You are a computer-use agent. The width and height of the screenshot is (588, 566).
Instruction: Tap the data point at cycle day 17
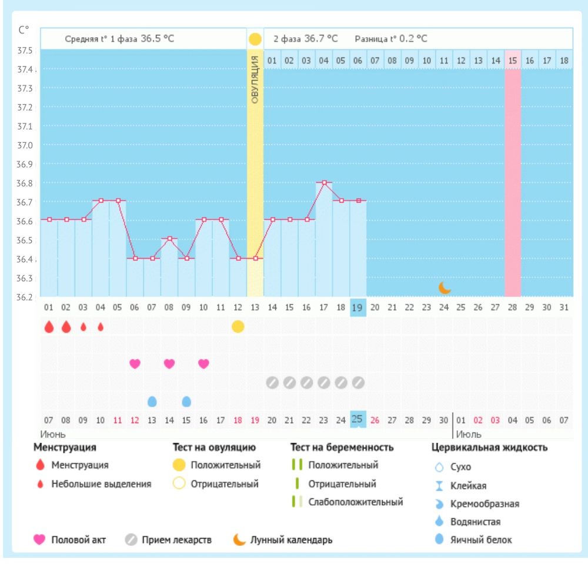click(324, 182)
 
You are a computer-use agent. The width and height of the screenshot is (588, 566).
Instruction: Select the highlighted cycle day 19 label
click(358, 307)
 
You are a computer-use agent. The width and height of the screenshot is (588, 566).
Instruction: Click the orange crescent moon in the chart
click(445, 287)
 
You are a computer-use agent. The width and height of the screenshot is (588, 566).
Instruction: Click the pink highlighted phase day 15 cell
click(513, 60)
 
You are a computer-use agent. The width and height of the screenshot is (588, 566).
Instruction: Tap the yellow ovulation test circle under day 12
click(238, 327)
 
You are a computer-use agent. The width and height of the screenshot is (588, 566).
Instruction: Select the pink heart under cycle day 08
click(169, 364)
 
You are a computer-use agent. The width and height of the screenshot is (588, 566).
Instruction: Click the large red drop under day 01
click(49, 327)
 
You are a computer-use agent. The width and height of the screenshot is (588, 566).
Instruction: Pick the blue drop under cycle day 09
click(186, 401)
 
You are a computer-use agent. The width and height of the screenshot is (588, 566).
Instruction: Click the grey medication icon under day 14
click(272, 383)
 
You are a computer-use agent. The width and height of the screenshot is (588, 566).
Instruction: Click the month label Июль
click(469, 435)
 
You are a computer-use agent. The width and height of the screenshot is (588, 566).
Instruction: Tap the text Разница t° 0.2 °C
click(390, 39)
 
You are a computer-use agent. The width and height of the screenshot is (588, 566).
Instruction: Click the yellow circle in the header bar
click(255, 39)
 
